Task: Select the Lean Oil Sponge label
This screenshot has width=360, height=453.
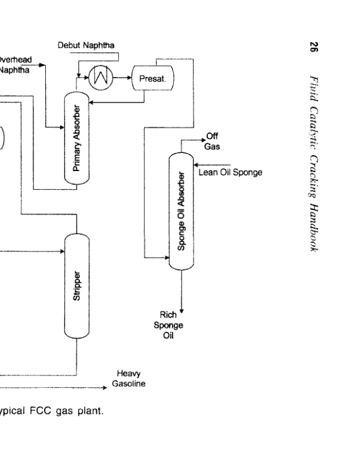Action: [230, 172]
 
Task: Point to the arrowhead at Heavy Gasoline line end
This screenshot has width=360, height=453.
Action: [104, 388]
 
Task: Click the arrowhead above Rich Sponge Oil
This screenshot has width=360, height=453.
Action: [181, 309]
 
